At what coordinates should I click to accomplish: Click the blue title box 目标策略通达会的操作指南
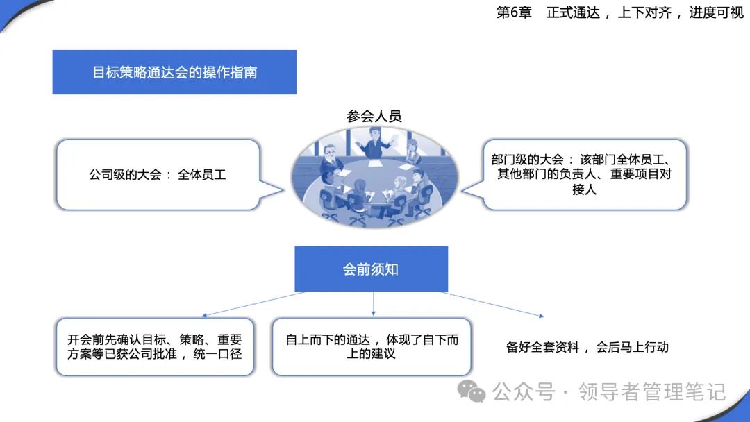click(x=174, y=72)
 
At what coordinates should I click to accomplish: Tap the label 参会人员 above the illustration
click(x=374, y=116)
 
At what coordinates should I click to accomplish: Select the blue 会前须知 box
click(x=371, y=269)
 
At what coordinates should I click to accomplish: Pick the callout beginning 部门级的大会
click(x=578, y=175)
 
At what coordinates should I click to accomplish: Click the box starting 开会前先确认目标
click(x=155, y=347)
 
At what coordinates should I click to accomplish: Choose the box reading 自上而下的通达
click(x=372, y=347)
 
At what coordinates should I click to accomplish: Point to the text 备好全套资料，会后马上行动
click(x=587, y=347)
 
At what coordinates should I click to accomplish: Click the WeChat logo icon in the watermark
click(x=471, y=392)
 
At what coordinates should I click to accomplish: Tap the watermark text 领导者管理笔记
click(x=652, y=392)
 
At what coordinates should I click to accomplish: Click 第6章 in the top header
click(x=514, y=12)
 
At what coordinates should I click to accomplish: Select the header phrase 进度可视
click(x=716, y=12)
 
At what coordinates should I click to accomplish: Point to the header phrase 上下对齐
click(x=644, y=12)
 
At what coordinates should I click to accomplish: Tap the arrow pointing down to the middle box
click(x=373, y=303)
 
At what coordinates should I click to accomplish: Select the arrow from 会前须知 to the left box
click(x=254, y=304)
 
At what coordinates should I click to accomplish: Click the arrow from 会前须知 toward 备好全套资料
click(x=492, y=304)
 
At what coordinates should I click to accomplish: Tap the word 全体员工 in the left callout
click(x=201, y=175)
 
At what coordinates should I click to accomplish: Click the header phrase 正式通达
click(x=573, y=12)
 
